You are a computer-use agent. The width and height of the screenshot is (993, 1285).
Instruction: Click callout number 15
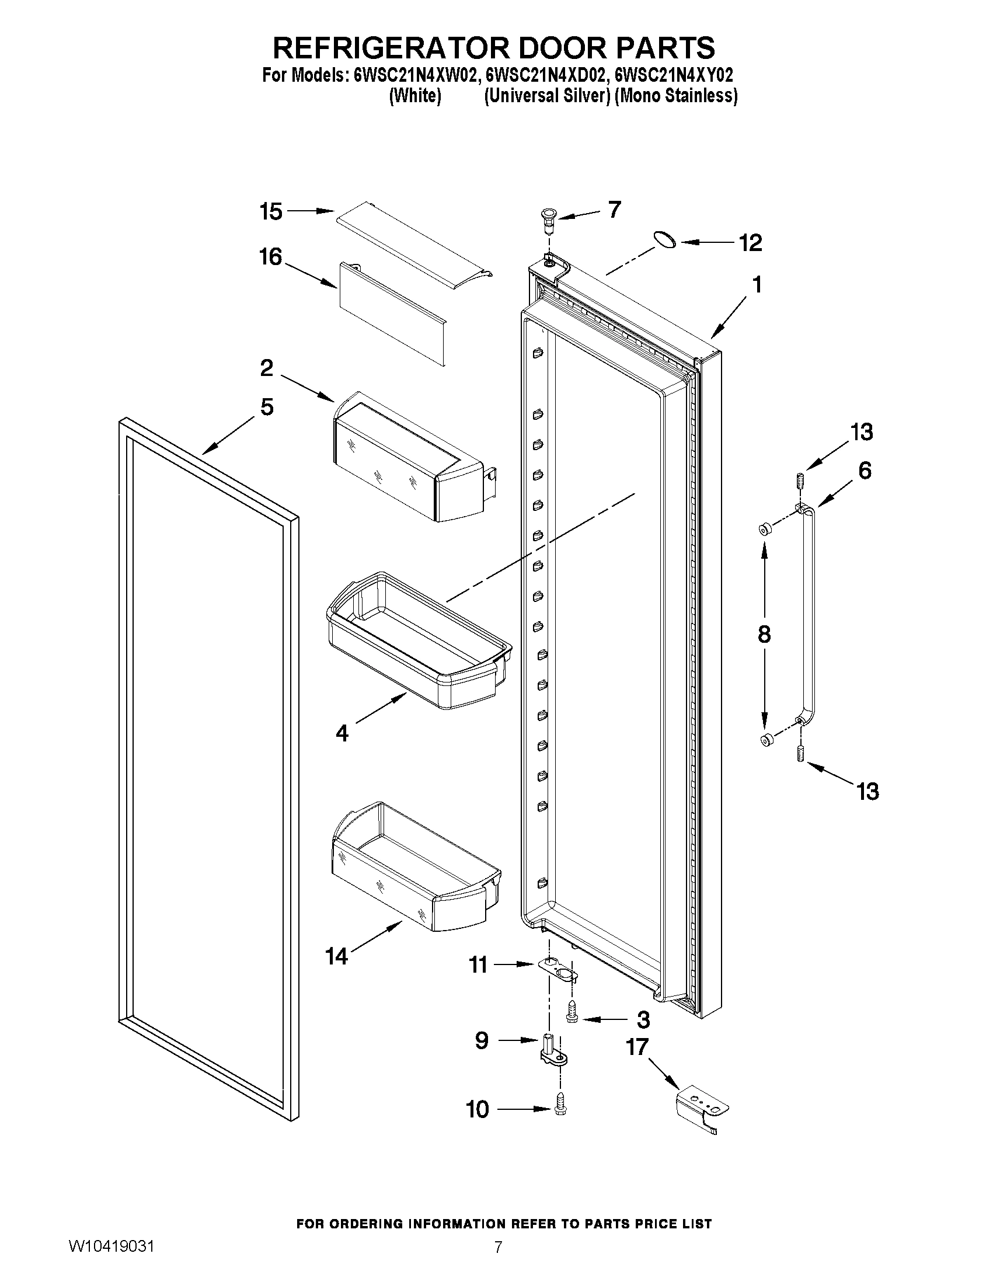271,212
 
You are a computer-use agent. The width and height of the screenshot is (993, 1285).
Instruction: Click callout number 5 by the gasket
266,407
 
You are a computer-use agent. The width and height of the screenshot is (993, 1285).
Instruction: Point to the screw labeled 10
560,1109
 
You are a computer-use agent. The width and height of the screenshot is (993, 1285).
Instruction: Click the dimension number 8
764,634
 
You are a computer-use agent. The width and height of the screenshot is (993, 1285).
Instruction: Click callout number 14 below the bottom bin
337,957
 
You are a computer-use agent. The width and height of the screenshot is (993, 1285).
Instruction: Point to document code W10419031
111,1263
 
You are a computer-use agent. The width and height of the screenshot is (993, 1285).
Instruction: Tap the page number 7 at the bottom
499,1263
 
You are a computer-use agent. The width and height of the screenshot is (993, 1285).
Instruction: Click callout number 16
271,257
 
